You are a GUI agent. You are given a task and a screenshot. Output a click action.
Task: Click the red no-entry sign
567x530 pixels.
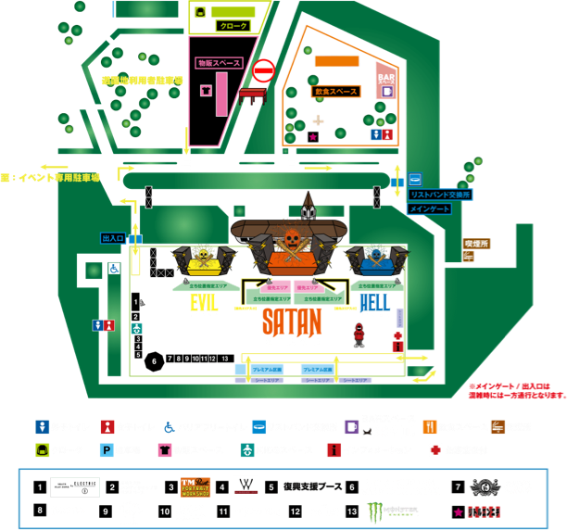264,70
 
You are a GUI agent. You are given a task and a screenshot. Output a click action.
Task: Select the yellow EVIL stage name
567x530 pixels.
204,302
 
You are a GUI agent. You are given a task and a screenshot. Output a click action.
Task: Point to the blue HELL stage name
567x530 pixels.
373,302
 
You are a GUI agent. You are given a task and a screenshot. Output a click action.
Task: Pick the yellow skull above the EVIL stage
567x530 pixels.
203,254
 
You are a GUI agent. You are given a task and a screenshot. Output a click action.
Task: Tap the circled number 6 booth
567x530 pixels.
154,359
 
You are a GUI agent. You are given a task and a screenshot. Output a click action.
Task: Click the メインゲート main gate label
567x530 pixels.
430,209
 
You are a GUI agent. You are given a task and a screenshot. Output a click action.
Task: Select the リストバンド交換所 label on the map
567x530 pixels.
441,195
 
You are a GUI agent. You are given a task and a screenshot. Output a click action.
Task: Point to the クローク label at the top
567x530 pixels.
232,26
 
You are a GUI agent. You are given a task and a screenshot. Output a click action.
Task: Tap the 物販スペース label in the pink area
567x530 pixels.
219,63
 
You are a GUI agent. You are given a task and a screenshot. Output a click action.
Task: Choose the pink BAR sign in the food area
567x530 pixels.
385,83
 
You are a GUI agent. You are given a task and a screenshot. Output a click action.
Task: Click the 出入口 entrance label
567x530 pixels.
113,238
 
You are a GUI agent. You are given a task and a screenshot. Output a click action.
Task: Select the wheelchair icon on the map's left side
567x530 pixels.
114,269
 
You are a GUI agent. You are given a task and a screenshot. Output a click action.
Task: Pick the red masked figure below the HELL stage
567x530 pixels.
359,334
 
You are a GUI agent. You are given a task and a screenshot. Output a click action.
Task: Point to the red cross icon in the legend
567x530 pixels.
434,450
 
